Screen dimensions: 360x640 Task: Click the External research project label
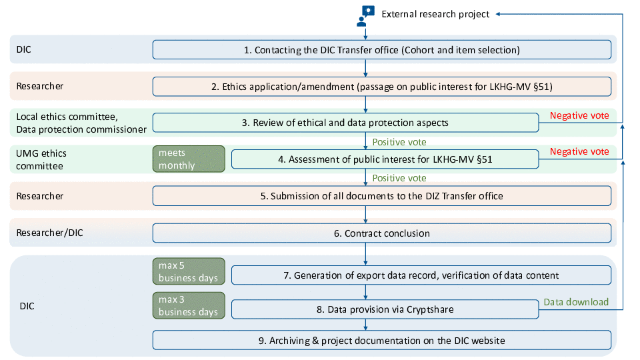[435, 14]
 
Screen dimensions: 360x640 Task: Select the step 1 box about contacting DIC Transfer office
[381, 49]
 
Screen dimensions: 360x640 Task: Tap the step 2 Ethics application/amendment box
[381, 86]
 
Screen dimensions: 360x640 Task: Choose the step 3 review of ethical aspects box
[345, 123]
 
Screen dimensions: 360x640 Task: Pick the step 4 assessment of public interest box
[385, 159]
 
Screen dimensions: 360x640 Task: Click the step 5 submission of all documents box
[381, 196]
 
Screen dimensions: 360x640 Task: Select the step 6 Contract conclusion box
[381, 233]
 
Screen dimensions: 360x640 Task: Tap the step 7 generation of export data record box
[421, 275]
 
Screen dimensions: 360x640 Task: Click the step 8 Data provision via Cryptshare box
[385, 309]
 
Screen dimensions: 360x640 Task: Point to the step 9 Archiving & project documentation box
[381, 341]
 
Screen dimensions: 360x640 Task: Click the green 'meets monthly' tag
[187, 159]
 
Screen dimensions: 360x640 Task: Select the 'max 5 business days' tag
[187, 271]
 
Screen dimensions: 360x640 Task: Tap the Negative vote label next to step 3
[579, 115]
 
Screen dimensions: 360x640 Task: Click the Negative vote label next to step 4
[579, 151]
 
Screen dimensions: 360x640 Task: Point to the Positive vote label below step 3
[399, 142]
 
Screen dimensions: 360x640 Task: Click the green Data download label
[576, 302]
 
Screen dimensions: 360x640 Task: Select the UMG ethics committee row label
[41, 159]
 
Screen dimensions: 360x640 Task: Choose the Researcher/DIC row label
[49, 233]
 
